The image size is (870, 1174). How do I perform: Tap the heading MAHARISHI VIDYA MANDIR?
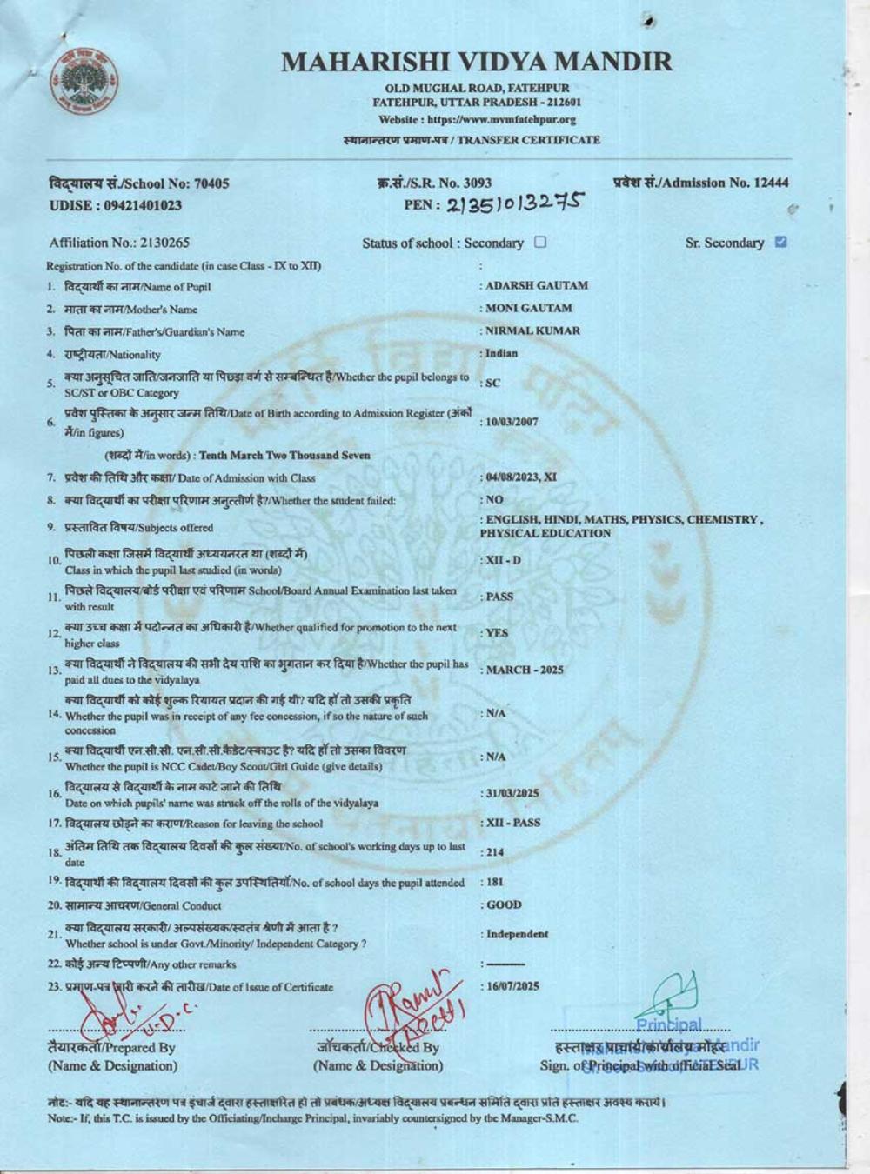pos(478,62)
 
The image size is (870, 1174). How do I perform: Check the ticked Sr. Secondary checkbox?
pos(780,242)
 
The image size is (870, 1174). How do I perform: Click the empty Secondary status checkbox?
pos(540,242)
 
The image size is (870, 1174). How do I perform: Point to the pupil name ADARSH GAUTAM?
pos(537,285)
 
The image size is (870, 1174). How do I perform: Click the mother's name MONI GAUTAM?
pos(529,308)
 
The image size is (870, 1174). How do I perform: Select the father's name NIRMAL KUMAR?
pos(532,330)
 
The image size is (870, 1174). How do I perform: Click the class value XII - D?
pos(503,560)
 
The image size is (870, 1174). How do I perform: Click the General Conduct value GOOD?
pos(504,904)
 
